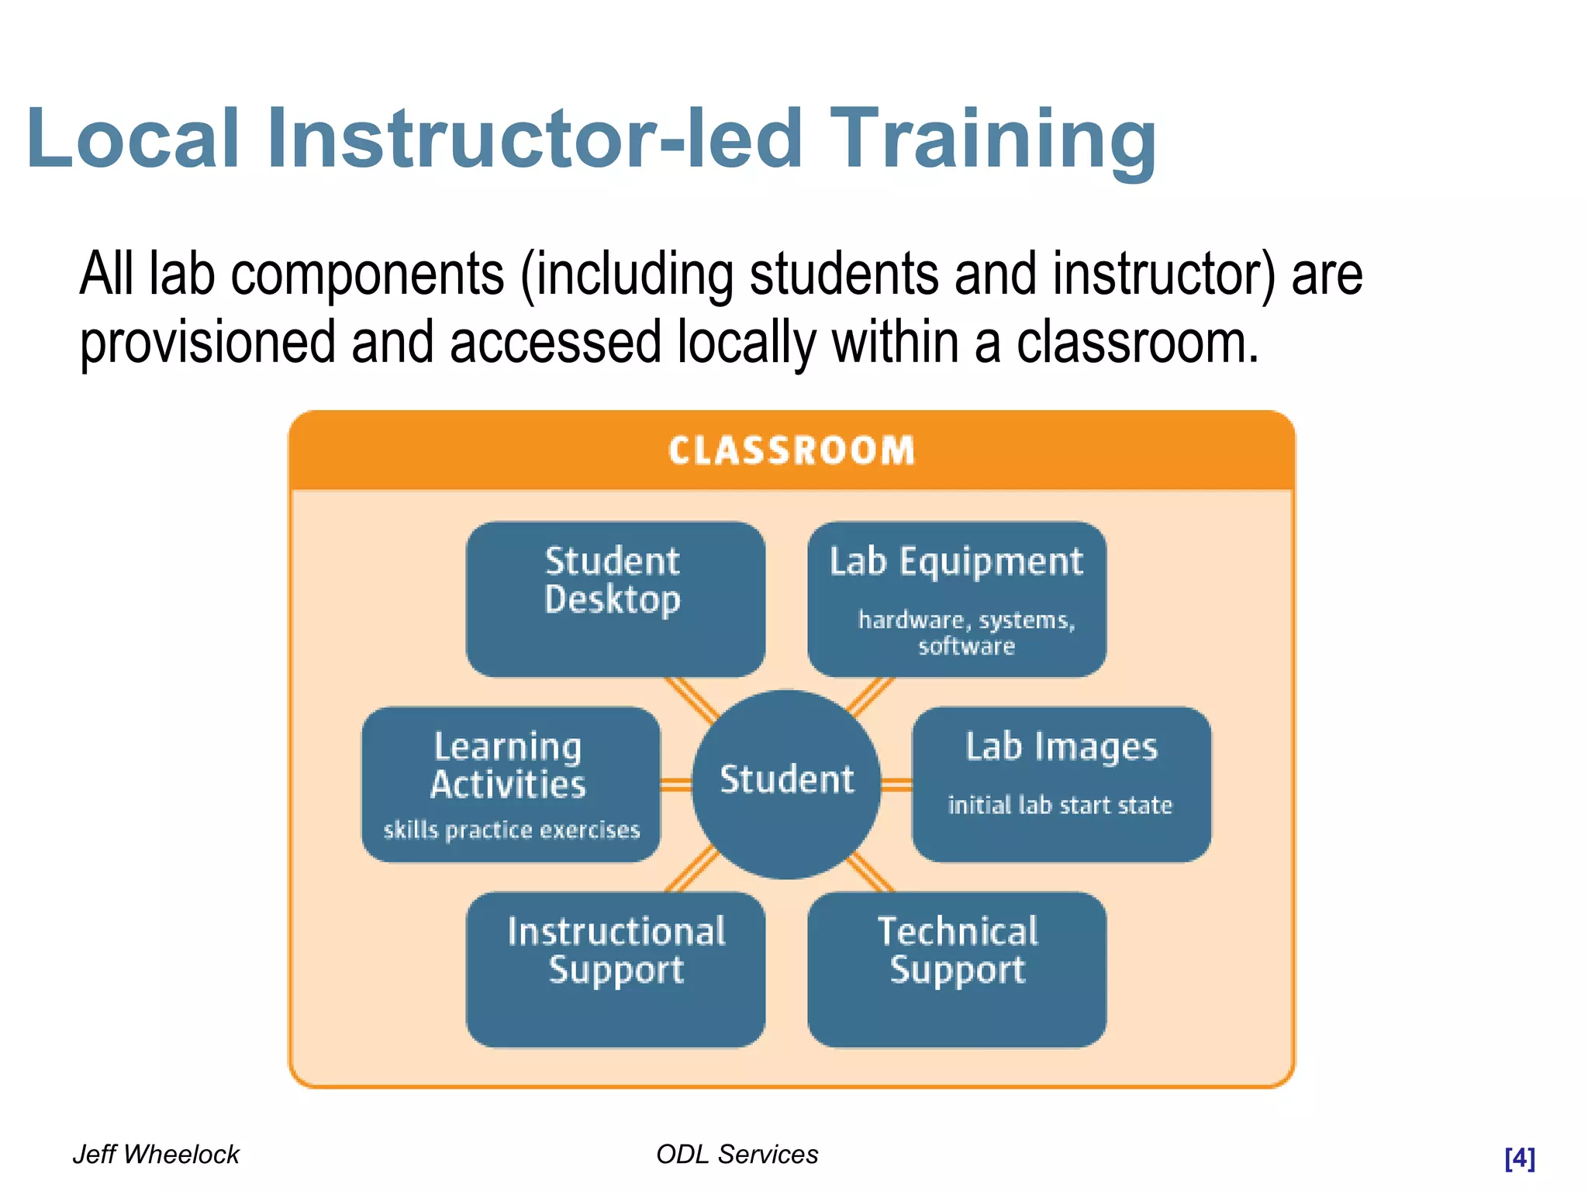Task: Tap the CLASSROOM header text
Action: click(x=792, y=451)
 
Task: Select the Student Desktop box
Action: click(x=615, y=599)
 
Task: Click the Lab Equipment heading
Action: click(x=956, y=561)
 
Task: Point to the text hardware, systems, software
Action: click(x=966, y=633)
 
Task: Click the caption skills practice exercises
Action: click(x=512, y=830)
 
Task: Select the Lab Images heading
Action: click(x=1061, y=747)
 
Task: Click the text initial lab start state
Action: click(x=1060, y=805)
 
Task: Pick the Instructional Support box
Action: click(x=616, y=969)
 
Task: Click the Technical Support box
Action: click(x=957, y=969)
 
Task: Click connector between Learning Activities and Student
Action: click(x=675, y=785)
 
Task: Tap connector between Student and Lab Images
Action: click(x=896, y=785)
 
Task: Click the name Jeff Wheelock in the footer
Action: click(x=156, y=1154)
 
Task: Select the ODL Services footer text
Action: click(x=737, y=1154)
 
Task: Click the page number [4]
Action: click(x=1519, y=1158)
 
